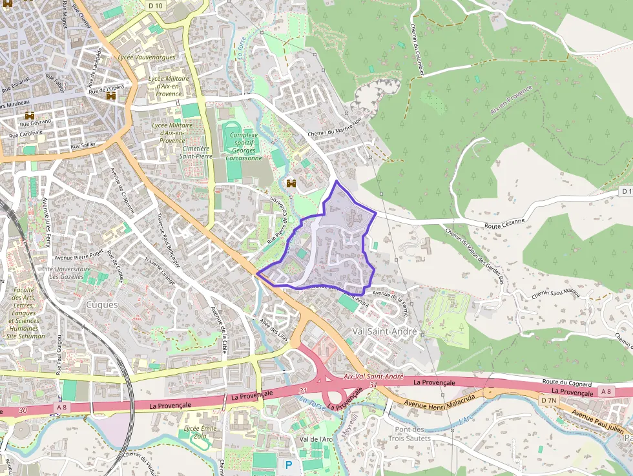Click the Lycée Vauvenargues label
click(147, 57)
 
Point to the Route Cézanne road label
click(505, 223)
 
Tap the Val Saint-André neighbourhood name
click(386, 331)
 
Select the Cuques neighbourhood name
click(102, 304)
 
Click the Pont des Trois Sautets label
click(409, 434)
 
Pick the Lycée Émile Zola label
click(200, 432)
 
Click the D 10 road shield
click(155, 5)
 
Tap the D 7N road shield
click(548, 400)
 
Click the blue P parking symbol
click(288, 464)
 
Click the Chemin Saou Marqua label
click(555, 294)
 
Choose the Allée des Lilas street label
click(273, 326)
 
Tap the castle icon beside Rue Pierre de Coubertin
click(291, 183)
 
